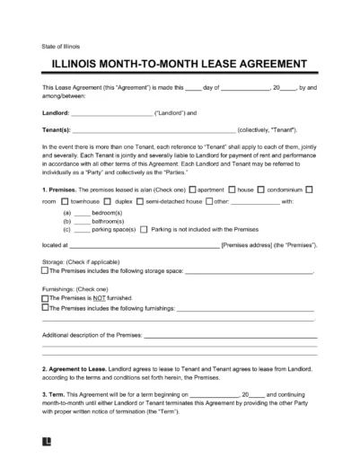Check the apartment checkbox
click(192, 189)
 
